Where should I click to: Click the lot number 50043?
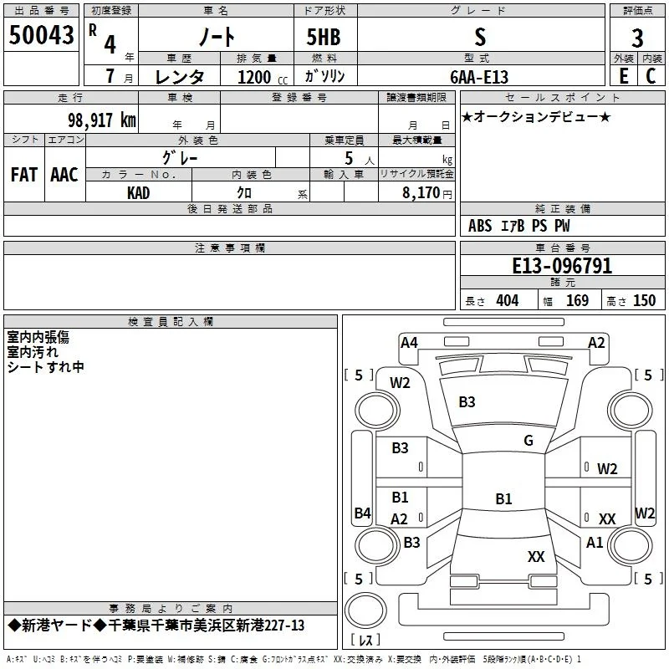tap(41, 35)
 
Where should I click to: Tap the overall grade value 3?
tap(637, 38)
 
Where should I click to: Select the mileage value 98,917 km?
tap(102, 120)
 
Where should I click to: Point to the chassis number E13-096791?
tap(562, 266)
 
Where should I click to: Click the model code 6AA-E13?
tap(479, 77)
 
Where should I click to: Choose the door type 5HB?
tap(324, 37)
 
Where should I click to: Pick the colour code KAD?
tap(138, 193)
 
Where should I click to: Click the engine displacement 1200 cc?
tap(263, 77)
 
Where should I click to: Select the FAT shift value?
tap(24, 175)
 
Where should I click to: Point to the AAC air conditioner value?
tap(64, 175)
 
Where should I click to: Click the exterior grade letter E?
tap(624, 76)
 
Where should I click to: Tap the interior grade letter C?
tap(651, 76)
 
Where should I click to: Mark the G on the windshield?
tap(529, 441)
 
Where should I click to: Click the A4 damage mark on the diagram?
tap(409, 343)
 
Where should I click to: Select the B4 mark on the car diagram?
tap(363, 513)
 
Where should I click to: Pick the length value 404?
tap(508, 301)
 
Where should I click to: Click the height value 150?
tap(644, 301)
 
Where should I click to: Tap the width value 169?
tap(577, 301)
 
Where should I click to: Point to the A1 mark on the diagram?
tap(595, 543)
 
